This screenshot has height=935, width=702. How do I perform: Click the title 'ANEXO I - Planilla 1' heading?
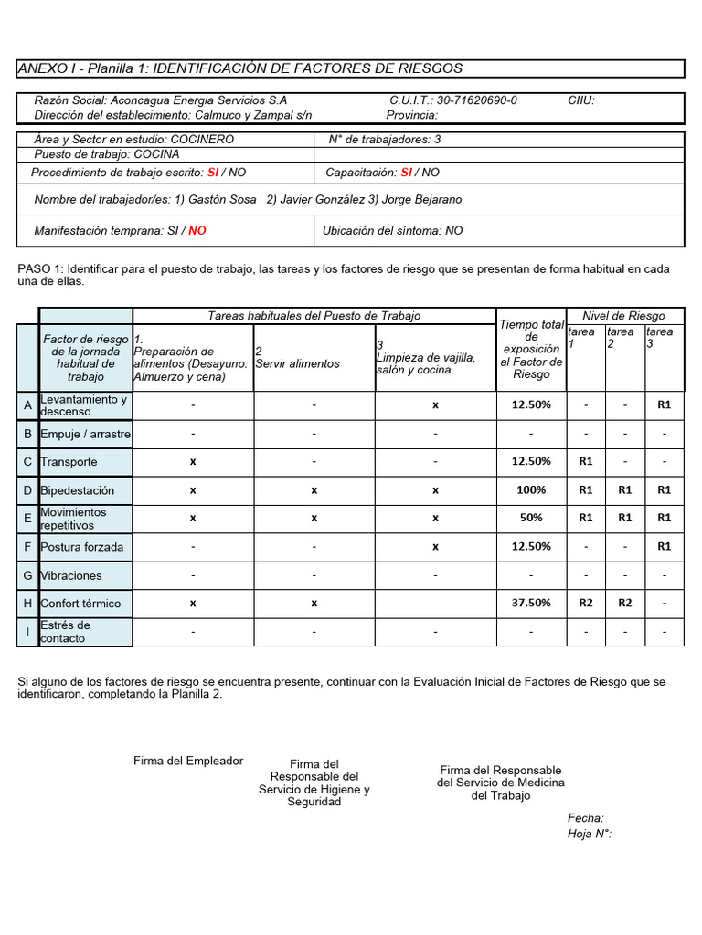click(x=240, y=68)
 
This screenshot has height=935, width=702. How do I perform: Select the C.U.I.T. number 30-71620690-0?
click(x=476, y=100)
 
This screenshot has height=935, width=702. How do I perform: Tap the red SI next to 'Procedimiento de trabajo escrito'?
click(x=213, y=173)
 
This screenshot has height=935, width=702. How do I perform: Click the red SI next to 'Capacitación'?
click(x=407, y=173)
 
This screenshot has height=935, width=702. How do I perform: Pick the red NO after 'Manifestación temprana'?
click(x=197, y=231)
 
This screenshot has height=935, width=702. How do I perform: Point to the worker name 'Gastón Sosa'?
click(x=223, y=200)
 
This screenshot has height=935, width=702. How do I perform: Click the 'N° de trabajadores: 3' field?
click(x=384, y=140)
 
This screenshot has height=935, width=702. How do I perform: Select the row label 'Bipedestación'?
click(x=78, y=490)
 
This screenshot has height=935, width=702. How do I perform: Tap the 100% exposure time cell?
click(x=531, y=490)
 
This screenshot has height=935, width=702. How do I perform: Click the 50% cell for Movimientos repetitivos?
click(x=531, y=518)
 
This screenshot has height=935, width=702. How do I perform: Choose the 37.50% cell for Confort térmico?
click(x=531, y=604)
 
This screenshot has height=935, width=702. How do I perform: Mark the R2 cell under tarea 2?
click(x=624, y=604)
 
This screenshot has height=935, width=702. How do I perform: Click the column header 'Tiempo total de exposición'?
click(x=531, y=350)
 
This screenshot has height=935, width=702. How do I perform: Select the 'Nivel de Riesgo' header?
click(x=624, y=316)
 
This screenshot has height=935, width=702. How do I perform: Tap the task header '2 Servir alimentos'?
click(x=297, y=358)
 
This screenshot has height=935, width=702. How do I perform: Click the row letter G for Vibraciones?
click(x=28, y=575)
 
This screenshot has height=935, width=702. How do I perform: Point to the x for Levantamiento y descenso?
click(x=435, y=404)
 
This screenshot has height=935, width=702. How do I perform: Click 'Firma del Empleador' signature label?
click(x=188, y=761)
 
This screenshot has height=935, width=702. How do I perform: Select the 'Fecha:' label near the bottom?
click(x=585, y=818)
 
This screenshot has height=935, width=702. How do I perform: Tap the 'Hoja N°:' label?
click(x=589, y=834)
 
